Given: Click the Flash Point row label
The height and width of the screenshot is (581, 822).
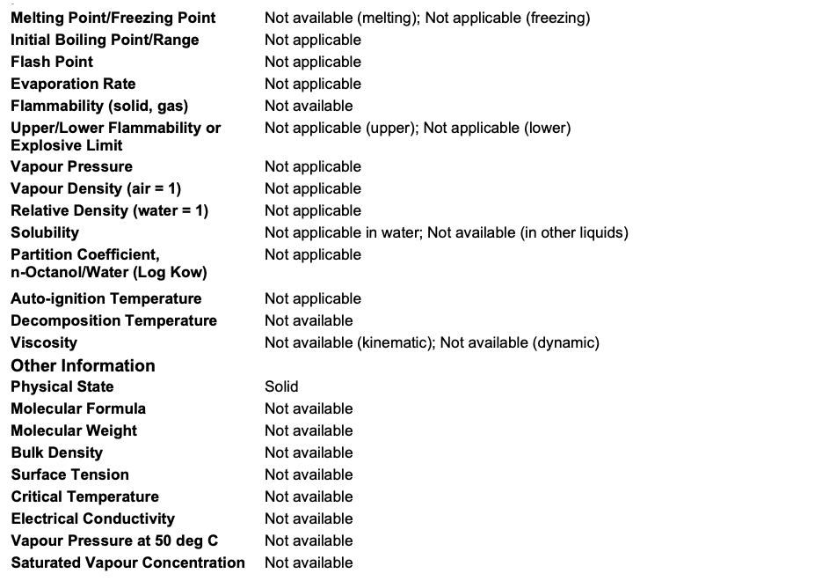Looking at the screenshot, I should click(52, 62).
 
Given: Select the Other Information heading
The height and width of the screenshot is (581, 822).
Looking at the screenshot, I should click(83, 365).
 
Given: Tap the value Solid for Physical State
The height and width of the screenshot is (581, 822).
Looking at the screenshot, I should click(281, 386).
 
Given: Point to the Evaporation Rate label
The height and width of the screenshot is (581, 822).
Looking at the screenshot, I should click(73, 84).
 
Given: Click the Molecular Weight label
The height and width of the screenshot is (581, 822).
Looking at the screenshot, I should click(74, 430).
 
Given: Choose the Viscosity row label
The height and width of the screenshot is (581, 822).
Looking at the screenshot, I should click(44, 342).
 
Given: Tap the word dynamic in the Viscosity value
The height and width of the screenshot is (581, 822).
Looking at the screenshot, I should click(565, 342).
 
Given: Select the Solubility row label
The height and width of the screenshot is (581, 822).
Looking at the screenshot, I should click(45, 232).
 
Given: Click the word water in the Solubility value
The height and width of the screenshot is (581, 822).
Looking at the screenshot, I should click(399, 232).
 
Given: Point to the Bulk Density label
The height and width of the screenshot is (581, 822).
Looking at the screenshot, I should click(56, 452).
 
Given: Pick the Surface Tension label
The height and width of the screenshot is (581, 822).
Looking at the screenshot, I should click(69, 474).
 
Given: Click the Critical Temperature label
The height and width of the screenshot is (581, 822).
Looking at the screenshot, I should click(84, 496).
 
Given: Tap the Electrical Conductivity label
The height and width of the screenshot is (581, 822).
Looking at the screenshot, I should click(92, 518).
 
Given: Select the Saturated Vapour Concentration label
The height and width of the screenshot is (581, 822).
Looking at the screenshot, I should click(127, 563).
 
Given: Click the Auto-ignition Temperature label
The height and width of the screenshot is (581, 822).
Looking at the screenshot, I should click(105, 298).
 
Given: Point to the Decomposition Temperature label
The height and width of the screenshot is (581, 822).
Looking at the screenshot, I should click(113, 320).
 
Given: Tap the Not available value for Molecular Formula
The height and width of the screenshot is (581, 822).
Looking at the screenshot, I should click(309, 408).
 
